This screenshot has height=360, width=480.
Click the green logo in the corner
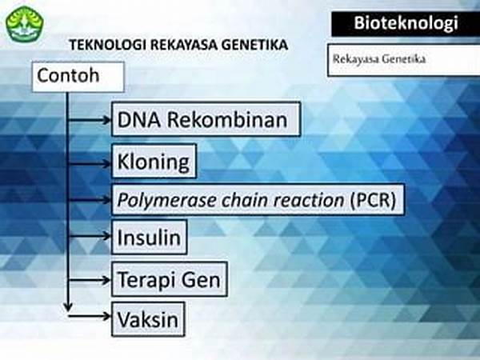tap(25, 24)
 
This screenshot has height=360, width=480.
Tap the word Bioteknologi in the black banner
tap(406, 23)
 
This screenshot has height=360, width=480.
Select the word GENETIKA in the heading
tap(254, 45)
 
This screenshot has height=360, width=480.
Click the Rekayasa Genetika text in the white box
tap(379, 58)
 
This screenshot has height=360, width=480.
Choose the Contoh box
tap(78, 77)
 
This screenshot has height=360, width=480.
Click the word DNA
tap(138, 119)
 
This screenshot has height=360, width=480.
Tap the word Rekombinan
tap(227, 119)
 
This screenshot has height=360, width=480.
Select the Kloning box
tap(154, 161)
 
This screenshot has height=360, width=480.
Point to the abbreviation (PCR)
tap(373, 200)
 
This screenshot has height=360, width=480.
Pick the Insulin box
tap(150, 238)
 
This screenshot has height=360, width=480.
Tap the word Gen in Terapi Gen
tap(201, 280)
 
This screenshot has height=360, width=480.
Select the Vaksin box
tap(148, 319)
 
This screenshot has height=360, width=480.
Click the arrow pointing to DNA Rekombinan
tap(90, 120)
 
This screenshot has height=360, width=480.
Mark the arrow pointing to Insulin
tap(90, 236)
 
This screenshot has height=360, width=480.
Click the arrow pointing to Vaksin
tap(90, 316)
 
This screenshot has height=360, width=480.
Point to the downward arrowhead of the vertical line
tap(68, 308)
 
